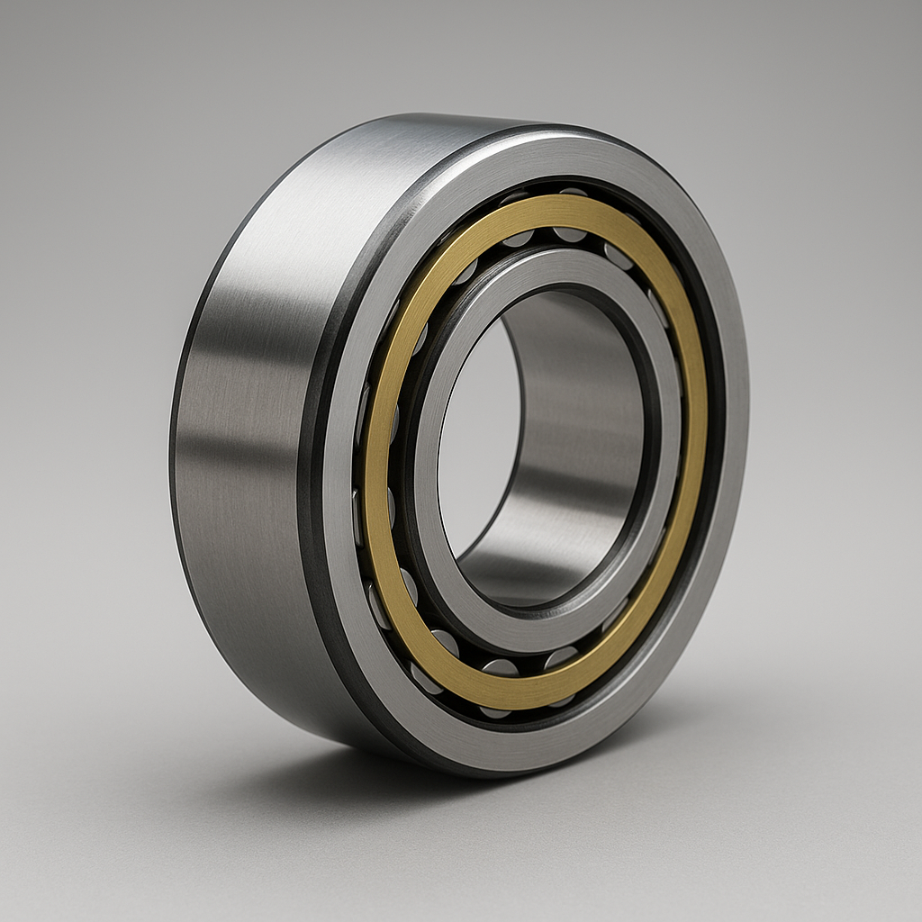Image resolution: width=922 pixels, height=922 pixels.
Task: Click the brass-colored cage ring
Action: [378, 450]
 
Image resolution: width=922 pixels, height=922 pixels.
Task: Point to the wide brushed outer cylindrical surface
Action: [243, 405]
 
